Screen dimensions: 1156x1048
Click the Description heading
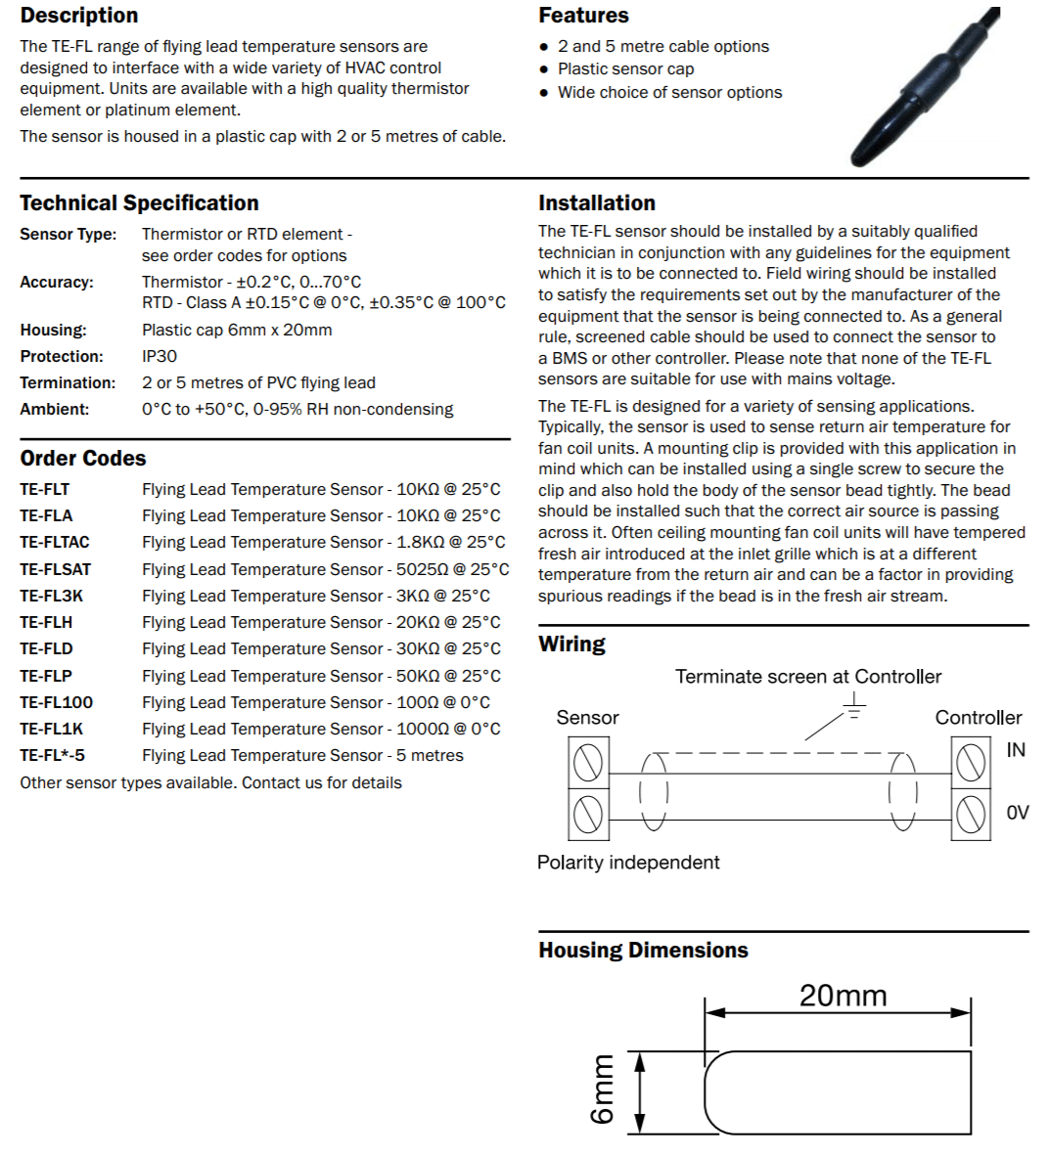click(x=79, y=16)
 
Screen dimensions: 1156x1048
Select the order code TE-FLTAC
click(x=55, y=542)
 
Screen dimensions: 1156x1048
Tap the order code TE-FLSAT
click(x=55, y=569)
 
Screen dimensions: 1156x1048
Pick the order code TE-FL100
click(x=57, y=702)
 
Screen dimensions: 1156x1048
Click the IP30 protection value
click(x=159, y=356)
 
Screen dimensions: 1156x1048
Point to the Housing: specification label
click(x=53, y=330)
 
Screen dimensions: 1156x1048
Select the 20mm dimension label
click(x=843, y=996)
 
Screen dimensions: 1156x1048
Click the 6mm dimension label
click(x=603, y=1089)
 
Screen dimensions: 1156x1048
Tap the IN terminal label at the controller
click(x=1016, y=750)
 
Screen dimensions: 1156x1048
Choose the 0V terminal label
click(x=1018, y=813)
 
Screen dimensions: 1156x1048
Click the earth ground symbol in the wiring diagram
click(x=854, y=706)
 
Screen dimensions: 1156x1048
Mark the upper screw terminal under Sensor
click(x=588, y=762)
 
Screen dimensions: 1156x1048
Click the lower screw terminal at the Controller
click(x=971, y=814)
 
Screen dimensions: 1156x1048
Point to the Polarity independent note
click(x=628, y=863)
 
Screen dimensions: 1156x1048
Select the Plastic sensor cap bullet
click(x=625, y=68)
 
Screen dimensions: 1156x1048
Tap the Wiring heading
click(x=571, y=645)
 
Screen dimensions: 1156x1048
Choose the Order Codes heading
click(x=83, y=459)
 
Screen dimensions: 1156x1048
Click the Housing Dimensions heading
click(x=643, y=951)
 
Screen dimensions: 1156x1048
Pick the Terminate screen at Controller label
click(x=808, y=677)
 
